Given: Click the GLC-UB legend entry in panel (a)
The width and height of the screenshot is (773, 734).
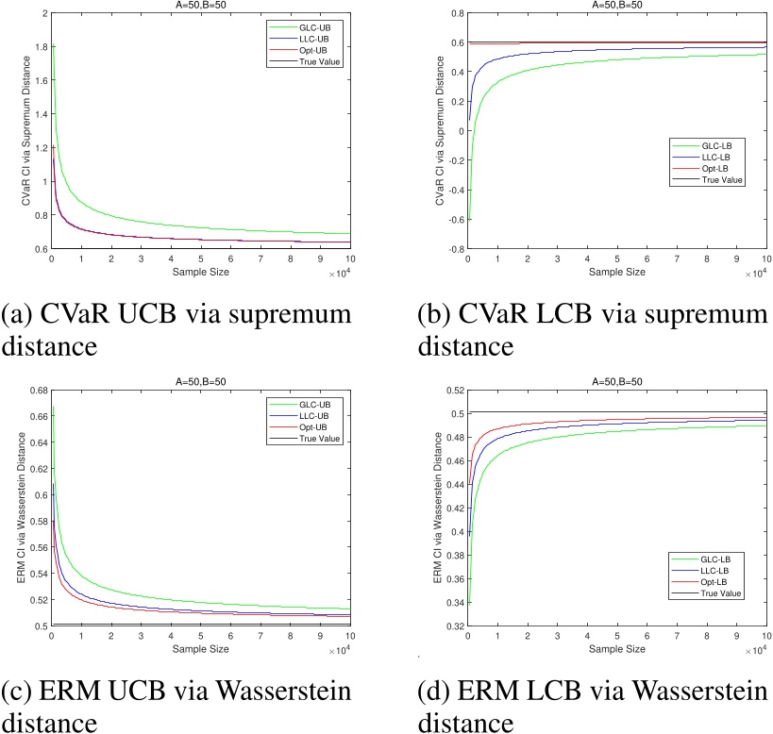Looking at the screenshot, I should coord(319,26).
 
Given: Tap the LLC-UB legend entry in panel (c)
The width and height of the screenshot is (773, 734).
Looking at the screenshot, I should coord(319,415).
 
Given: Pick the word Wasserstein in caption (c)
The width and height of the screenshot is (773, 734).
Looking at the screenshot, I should coord(273,692).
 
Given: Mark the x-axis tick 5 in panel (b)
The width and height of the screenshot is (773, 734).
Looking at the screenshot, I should coord(616,259).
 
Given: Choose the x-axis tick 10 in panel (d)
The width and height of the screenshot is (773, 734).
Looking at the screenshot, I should coord(764,636).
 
